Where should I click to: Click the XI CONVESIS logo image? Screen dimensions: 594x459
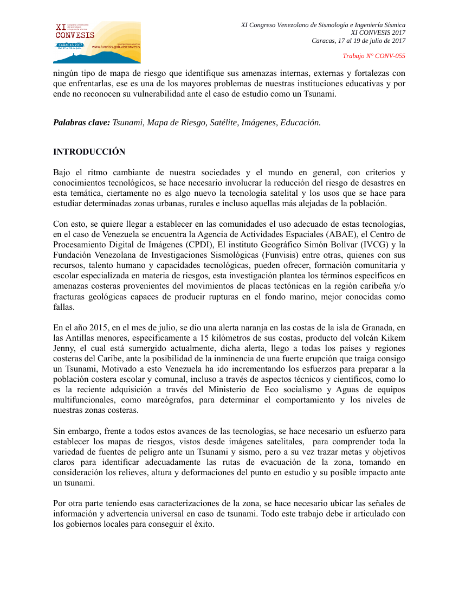tap(96, 42)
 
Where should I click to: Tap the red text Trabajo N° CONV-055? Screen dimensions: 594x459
tap(374, 56)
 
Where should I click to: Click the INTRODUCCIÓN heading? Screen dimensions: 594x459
tap(89, 152)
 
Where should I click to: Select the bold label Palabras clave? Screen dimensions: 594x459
tap(81, 123)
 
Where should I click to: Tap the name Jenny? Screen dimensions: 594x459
tap(64, 348)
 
